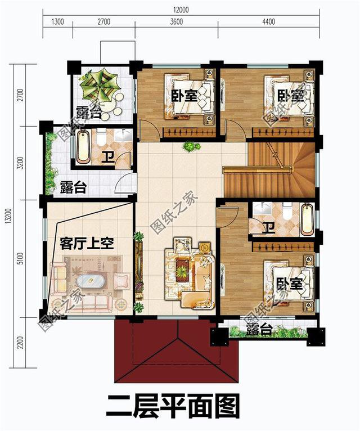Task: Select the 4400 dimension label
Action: point(268,22)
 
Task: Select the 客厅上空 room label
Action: point(87,244)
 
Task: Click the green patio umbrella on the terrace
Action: point(100,85)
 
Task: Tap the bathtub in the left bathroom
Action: point(83,147)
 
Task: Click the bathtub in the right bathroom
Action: point(307,219)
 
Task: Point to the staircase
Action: point(270,169)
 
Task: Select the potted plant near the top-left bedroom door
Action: point(191,146)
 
